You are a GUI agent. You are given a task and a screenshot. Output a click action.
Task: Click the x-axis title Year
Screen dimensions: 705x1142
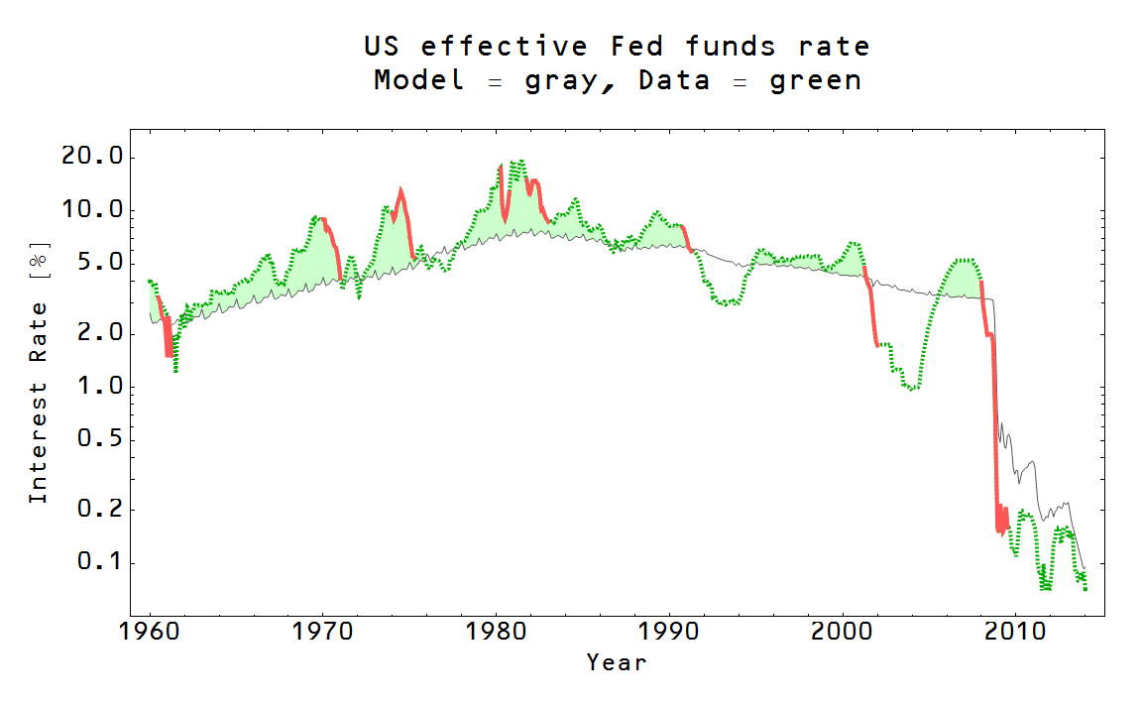point(616,661)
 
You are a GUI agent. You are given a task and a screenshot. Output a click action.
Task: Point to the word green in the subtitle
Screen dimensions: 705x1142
point(815,81)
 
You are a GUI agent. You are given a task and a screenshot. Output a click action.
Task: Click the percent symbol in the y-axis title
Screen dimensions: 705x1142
point(38,263)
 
